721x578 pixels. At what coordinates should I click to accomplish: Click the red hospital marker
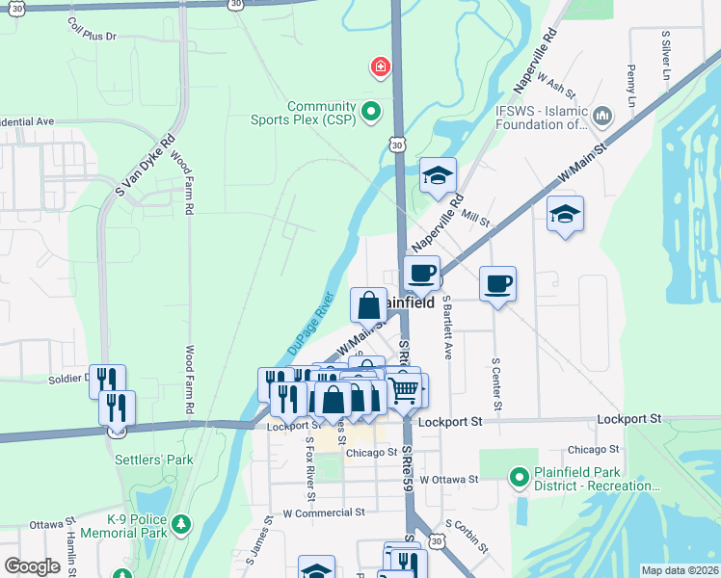[x=382, y=66]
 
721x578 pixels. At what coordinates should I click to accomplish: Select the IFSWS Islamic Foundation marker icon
[x=603, y=117]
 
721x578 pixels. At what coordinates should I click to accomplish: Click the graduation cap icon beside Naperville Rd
[x=438, y=175]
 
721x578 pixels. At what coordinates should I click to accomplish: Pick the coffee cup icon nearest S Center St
[x=497, y=283]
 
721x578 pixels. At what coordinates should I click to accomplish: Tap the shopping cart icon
[x=404, y=389]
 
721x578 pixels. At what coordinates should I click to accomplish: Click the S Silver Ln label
[x=665, y=56]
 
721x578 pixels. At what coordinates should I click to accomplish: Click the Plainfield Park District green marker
[x=519, y=476]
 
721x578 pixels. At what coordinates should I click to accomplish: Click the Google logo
[x=33, y=565]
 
